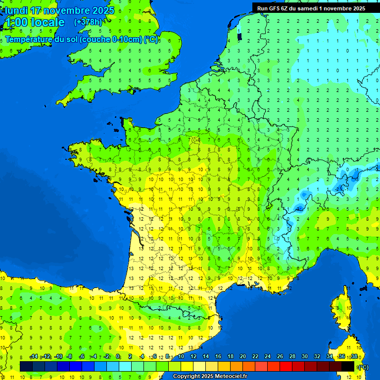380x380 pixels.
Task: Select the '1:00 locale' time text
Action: tap(35, 22)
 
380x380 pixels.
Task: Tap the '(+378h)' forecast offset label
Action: tap(88, 22)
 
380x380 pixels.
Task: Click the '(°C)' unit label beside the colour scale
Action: tap(363, 367)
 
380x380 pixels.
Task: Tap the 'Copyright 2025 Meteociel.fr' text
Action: tap(210, 377)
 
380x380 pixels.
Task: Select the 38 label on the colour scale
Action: tap(354, 356)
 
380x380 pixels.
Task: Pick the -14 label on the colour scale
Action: tap(34, 356)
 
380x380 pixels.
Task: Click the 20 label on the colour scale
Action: tap(242, 356)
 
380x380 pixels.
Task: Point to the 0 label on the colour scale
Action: tap(118, 356)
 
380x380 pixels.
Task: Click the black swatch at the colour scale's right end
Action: tap(348, 366)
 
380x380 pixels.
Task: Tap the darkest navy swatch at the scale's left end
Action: tap(26, 366)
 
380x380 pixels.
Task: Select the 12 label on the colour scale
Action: tap(193, 356)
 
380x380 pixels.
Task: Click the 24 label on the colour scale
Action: tap(267, 356)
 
